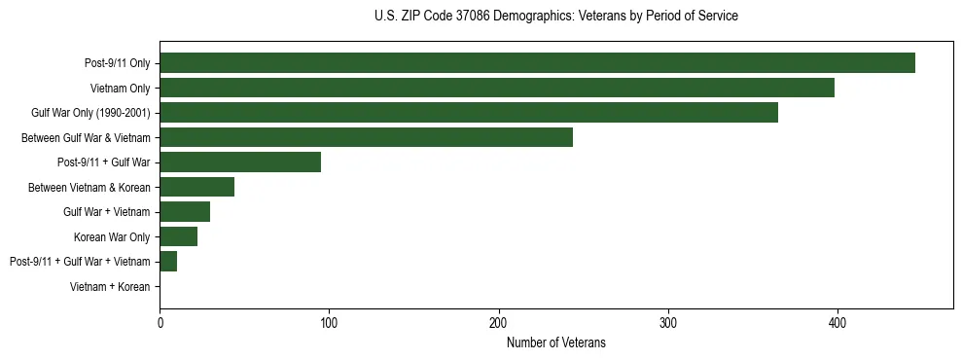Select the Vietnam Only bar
pyautogui.click(x=496, y=88)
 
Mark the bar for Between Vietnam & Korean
pyautogui.click(x=196, y=187)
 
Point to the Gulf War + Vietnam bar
pyautogui.click(x=185, y=212)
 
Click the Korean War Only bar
pyautogui.click(x=178, y=236)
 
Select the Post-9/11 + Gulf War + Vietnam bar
pyautogui.click(x=168, y=262)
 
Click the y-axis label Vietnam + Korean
pyautogui.click(x=110, y=287)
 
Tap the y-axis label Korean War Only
pyautogui.click(x=112, y=236)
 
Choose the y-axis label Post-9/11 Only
pyautogui.click(x=118, y=63)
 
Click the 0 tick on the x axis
pyautogui.click(x=160, y=322)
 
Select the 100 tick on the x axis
pyautogui.click(x=329, y=322)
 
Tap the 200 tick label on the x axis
pyautogui.click(x=499, y=322)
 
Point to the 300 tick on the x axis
pyautogui.click(x=668, y=322)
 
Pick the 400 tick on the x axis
pyautogui.click(x=837, y=322)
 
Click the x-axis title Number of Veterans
pyautogui.click(x=556, y=342)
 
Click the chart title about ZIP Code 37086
pyautogui.click(x=556, y=17)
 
